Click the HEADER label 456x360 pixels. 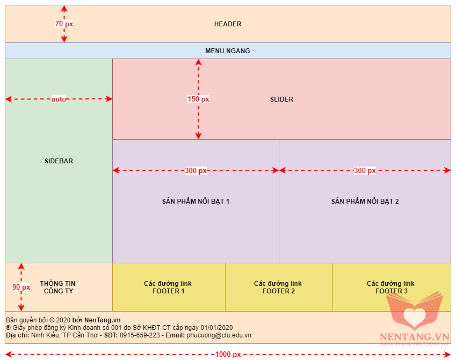click(x=228, y=24)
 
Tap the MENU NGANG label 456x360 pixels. click(x=227, y=51)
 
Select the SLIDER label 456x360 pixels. click(x=281, y=99)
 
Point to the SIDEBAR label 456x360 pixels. click(x=59, y=161)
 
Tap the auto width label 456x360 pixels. click(x=59, y=99)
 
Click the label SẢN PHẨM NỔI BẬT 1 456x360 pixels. click(x=196, y=201)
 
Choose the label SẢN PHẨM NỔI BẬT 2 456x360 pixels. click(x=365, y=201)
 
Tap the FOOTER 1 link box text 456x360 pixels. click(x=168, y=287)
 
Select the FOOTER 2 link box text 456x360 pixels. click(x=278, y=287)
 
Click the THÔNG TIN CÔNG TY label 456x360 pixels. click(x=58, y=287)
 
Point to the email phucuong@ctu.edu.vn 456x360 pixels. click(x=219, y=335)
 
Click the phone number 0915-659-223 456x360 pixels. click(x=140, y=335)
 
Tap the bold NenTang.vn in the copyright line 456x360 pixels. click(x=103, y=320)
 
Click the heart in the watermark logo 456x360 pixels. click(x=415, y=317)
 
